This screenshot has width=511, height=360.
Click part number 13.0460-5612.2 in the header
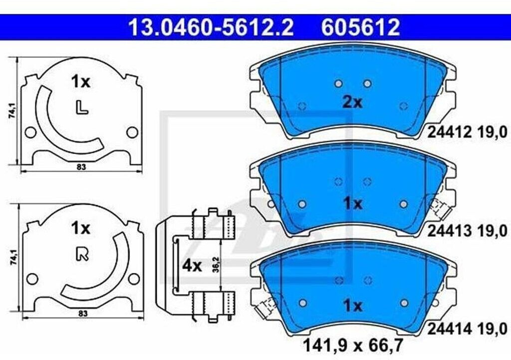211,27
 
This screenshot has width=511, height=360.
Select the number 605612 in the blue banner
360,27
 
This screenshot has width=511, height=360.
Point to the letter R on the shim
82,254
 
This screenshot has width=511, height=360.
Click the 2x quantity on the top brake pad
352,103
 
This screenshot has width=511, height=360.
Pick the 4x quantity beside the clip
192,266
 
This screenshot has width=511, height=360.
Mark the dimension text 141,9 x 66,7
353,345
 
